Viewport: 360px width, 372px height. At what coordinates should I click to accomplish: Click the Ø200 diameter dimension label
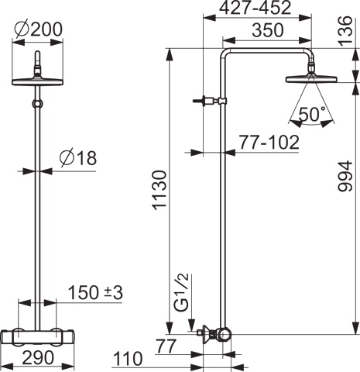39,29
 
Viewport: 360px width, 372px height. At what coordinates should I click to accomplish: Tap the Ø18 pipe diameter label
77,157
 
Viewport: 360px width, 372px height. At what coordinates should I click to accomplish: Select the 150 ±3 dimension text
95,292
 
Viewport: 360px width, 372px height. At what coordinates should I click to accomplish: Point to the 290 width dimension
38,357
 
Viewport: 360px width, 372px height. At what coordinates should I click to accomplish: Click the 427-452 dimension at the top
255,8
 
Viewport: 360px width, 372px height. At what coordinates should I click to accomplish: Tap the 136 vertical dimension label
345,31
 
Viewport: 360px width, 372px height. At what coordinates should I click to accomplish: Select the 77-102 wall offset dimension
269,142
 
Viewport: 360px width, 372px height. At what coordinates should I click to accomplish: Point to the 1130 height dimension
160,190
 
